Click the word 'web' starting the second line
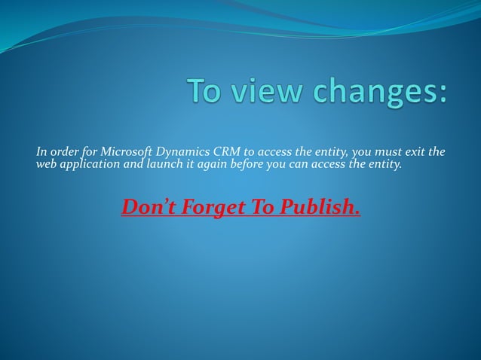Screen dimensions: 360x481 point(47,165)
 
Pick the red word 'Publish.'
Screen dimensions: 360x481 point(320,206)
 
